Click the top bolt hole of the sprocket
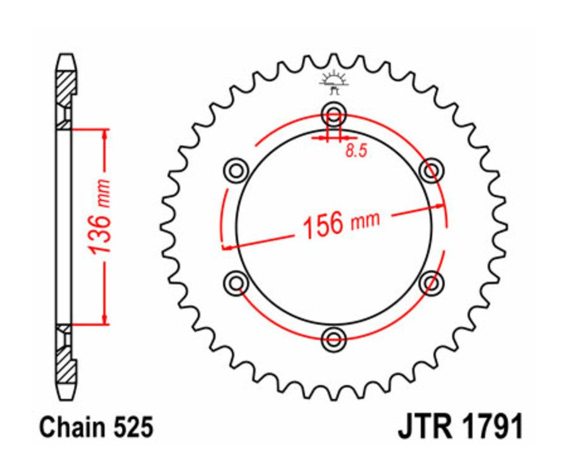click(333, 115)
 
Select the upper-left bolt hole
click(236, 170)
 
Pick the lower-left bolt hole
click(236, 283)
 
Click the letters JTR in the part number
click(424, 428)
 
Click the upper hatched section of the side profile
click(65, 88)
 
